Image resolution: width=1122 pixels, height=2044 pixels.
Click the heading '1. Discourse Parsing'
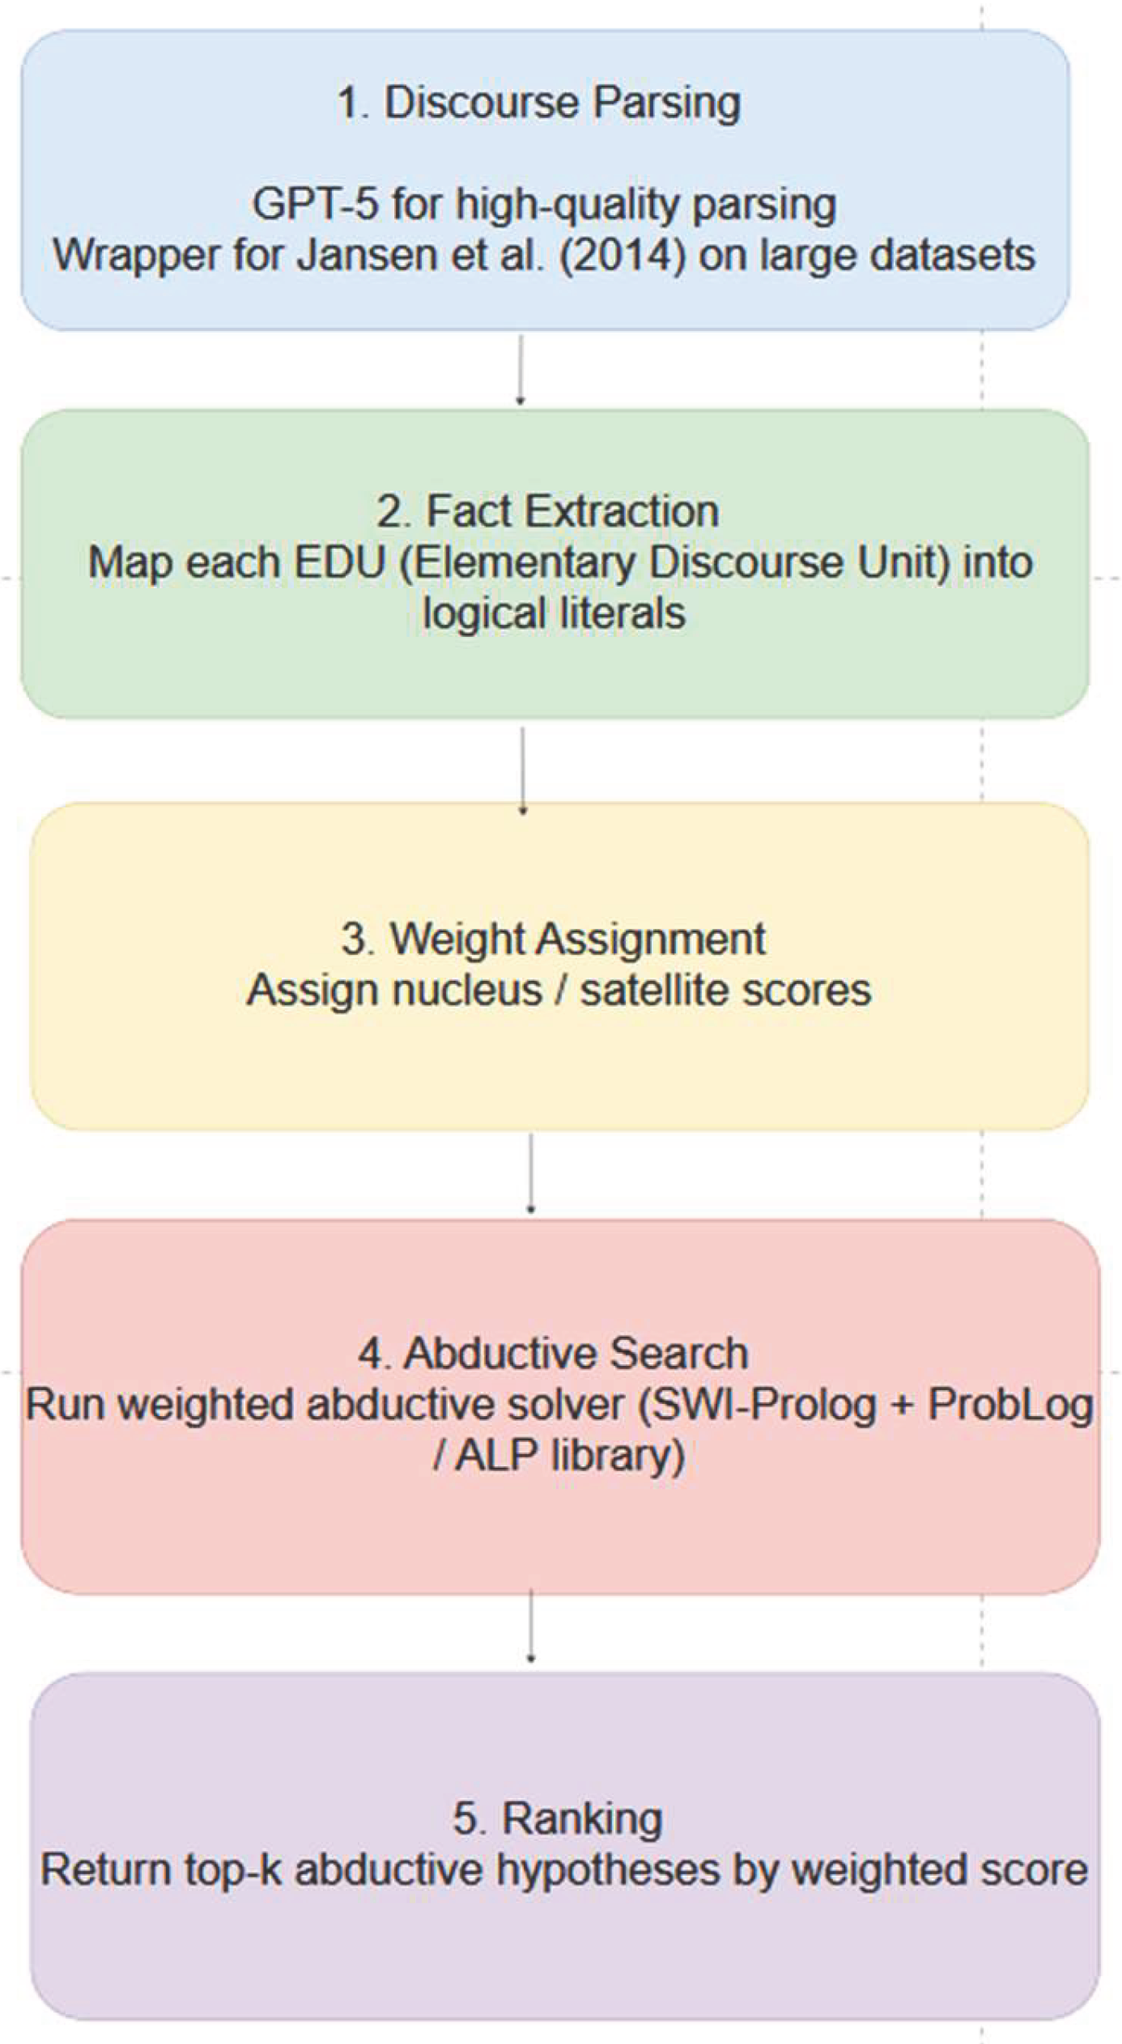(538, 103)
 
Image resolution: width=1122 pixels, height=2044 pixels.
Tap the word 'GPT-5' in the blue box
(314, 203)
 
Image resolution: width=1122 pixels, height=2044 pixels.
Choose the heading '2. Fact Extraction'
(548, 511)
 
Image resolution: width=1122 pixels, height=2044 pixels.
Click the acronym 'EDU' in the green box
(338, 562)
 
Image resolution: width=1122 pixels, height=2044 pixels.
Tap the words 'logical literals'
(554, 613)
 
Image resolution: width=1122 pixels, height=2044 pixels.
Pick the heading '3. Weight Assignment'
(554, 939)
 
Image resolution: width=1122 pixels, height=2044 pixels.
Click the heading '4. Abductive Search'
(554, 1353)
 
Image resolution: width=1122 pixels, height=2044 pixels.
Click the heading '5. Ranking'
(558, 1818)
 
